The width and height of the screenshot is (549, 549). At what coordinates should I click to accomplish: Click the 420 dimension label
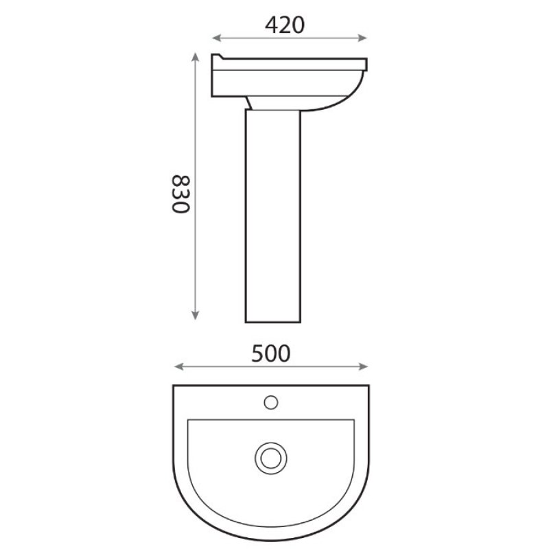click(x=284, y=25)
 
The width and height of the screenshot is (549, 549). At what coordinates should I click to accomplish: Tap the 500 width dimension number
click(x=271, y=353)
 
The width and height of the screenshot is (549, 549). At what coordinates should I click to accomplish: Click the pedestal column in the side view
click(x=273, y=220)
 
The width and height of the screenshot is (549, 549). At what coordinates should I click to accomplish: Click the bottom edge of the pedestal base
click(x=273, y=321)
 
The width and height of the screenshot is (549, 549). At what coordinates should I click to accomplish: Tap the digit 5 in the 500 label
click(x=257, y=353)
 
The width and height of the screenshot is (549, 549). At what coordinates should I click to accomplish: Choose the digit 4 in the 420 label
click(x=270, y=25)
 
